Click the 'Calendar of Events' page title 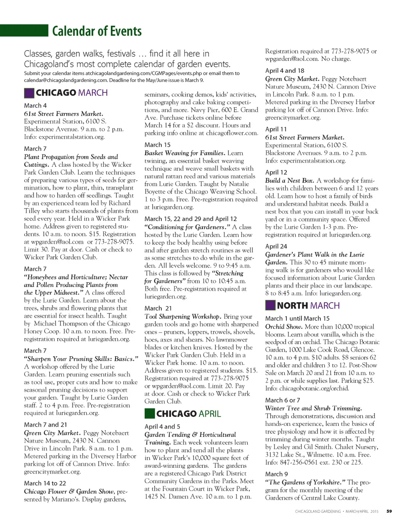click(97, 31)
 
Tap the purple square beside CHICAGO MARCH click(29, 93)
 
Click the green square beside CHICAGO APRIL click(150, 414)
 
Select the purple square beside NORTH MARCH click(270, 305)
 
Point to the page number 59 click(389, 511)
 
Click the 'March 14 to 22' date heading click(45, 483)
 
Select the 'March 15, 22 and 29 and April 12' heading click(191, 219)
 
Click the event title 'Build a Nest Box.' click(290, 181)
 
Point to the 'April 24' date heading click(276, 247)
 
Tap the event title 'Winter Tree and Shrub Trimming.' click(313, 408)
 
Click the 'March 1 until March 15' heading click(297, 318)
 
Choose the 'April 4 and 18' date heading click(284, 71)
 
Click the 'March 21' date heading click(158, 308)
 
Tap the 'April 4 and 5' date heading click(162, 427)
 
